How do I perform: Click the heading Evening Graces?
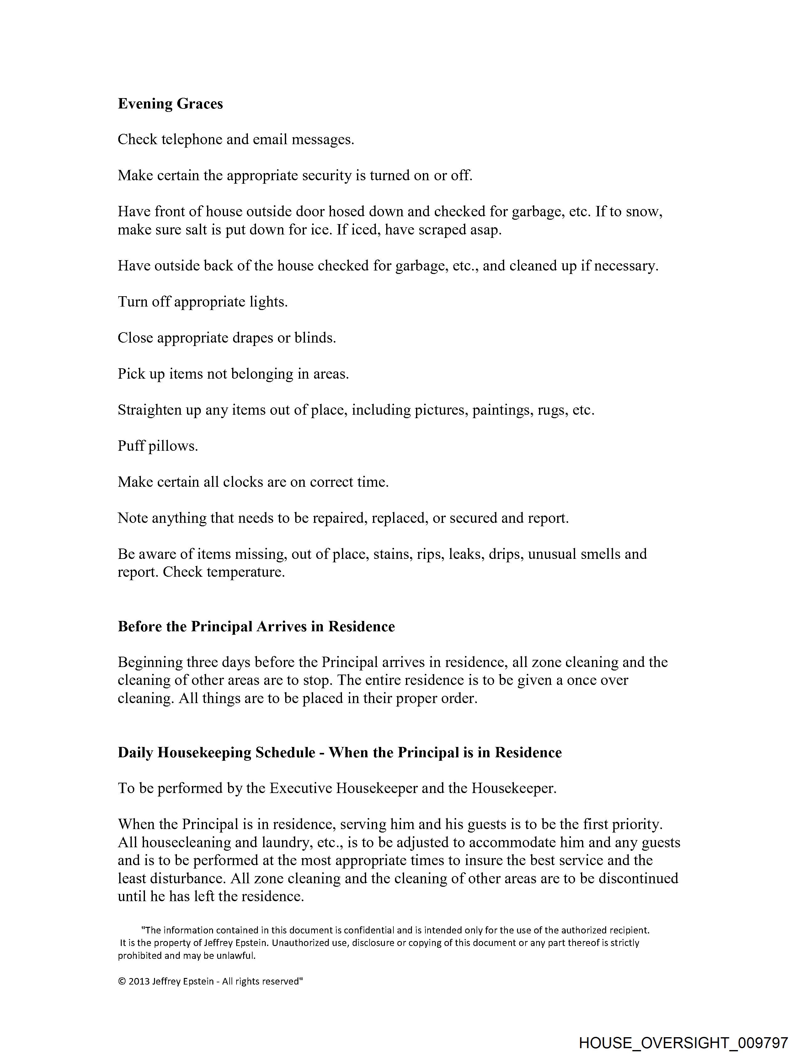click(170, 104)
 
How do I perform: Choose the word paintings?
click(502, 410)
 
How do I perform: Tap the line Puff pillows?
click(158, 446)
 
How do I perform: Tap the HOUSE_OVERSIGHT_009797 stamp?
click(683, 1043)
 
